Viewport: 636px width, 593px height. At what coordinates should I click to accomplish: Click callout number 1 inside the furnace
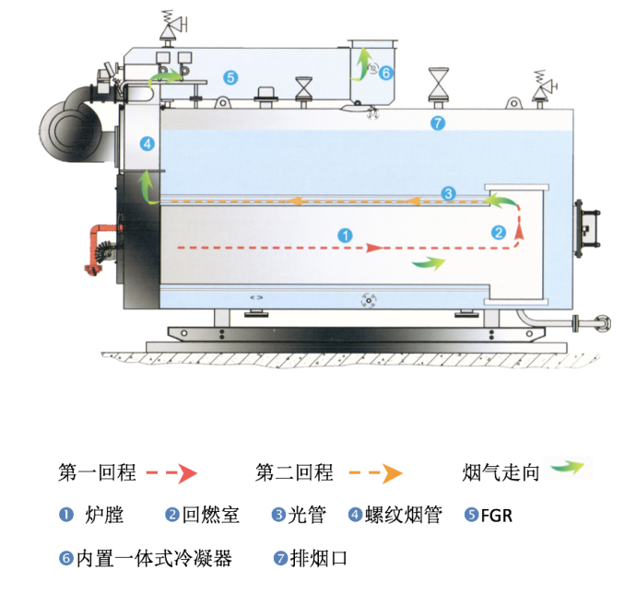tap(345, 236)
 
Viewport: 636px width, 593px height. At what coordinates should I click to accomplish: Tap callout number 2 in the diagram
tap(499, 233)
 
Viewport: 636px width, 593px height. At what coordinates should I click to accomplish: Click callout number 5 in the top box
tap(230, 77)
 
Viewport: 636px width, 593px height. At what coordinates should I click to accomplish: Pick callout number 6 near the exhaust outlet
tap(385, 72)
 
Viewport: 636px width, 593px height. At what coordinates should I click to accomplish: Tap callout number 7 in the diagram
tap(438, 122)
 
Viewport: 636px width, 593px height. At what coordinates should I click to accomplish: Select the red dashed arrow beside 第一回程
tap(172, 474)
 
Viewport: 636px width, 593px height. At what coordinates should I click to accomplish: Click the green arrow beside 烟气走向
tap(567, 469)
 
